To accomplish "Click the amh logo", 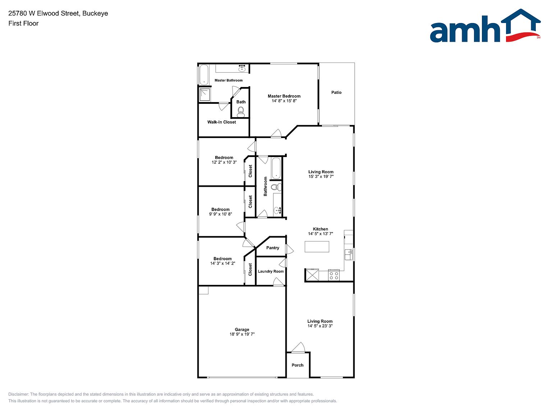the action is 485,26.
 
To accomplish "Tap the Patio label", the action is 336,92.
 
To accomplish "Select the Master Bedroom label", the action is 284,96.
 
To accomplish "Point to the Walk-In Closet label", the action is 221,122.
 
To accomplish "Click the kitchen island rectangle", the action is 317,247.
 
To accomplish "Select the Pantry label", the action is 273,248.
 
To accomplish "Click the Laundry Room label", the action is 271,271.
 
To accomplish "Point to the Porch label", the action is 298,365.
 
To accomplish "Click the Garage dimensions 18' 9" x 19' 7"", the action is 242,334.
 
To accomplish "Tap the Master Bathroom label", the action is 228,80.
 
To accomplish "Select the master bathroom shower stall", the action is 205,95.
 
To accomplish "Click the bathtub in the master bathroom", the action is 204,75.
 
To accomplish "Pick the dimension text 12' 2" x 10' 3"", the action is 224,162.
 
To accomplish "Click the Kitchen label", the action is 321,229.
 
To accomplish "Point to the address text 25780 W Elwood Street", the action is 44,13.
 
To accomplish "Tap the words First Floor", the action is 23,23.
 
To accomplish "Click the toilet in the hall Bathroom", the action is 276,187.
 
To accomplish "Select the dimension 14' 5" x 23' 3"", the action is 320,326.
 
